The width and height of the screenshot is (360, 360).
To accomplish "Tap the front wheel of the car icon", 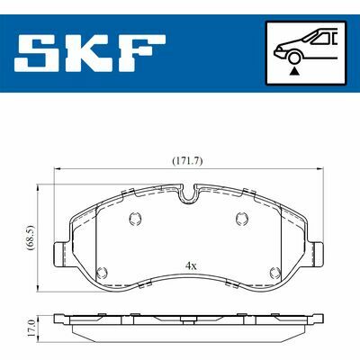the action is pyautogui.click(x=295, y=58).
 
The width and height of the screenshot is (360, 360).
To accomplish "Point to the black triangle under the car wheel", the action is pyautogui.click(x=295, y=71).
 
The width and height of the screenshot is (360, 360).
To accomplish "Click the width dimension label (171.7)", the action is pyautogui.click(x=187, y=161).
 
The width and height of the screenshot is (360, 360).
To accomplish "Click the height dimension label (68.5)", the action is pyautogui.click(x=31, y=238).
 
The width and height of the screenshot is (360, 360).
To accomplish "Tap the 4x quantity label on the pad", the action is pyautogui.click(x=191, y=265).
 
